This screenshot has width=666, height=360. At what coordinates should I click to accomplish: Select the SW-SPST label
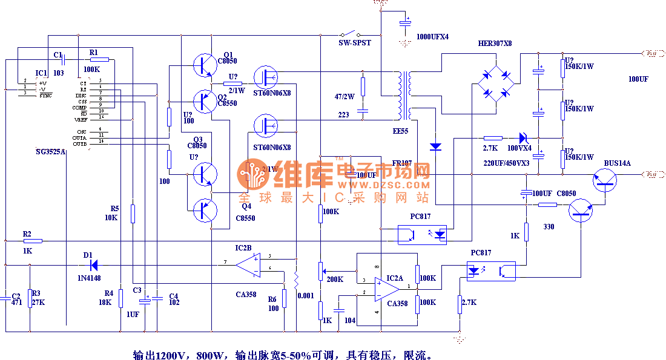coord(354,43)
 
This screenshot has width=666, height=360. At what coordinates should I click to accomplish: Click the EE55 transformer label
coord(400,131)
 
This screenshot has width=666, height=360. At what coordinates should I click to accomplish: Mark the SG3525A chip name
coord(51,152)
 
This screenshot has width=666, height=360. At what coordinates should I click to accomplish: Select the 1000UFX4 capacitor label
coord(432,37)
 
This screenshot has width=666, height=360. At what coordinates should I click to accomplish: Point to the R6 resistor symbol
coord(284,298)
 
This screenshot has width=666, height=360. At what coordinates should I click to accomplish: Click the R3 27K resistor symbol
coord(29,298)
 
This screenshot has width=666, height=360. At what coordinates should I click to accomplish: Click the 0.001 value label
coord(307,296)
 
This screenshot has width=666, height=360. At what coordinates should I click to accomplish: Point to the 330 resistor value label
coord(549,226)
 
